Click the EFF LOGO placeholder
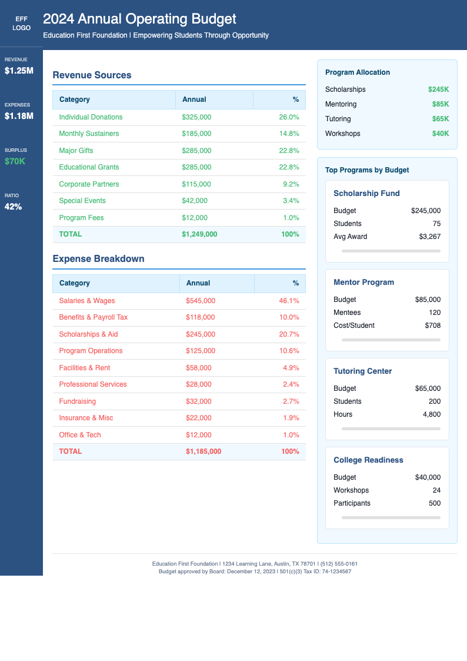21,24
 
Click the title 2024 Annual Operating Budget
139,19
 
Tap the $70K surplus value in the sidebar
15,161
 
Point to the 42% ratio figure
13,207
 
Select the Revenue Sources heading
92,75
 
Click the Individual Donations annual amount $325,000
196,117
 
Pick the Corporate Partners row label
89,184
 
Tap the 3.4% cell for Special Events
291,201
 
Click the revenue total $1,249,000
199,234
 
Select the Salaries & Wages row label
87,301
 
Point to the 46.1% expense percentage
289,301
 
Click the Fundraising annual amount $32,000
198,401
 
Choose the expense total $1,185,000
204,451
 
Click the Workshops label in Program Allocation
342,134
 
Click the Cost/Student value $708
432,325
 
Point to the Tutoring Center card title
362,371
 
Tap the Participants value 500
434,503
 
